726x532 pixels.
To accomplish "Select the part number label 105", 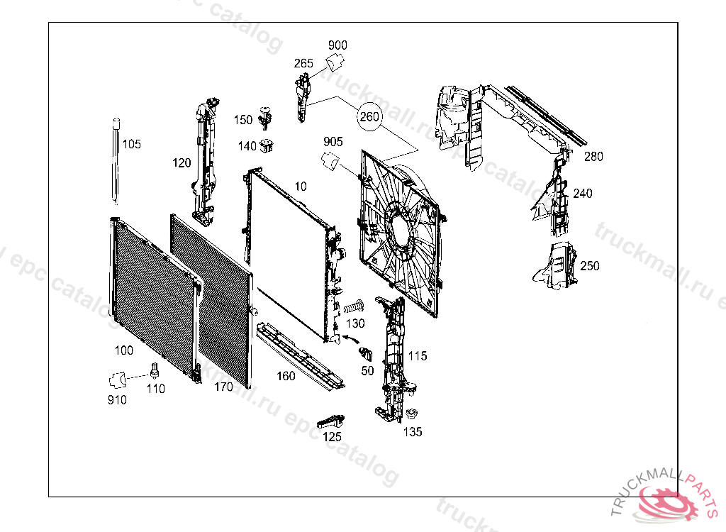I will [x=132, y=144].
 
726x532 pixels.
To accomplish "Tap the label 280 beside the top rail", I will [x=593, y=157].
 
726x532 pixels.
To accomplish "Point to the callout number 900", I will [x=337, y=45].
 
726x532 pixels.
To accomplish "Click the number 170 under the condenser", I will [x=223, y=387].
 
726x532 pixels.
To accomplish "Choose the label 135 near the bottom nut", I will [x=413, y=431].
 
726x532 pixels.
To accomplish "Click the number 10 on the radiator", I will [x=301, y=187].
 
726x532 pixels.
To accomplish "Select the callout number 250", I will [x=589, y=266].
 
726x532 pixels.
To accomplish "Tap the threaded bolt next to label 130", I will [x=354, y=307].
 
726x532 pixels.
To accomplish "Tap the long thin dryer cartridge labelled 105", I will [x=116, y=161].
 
